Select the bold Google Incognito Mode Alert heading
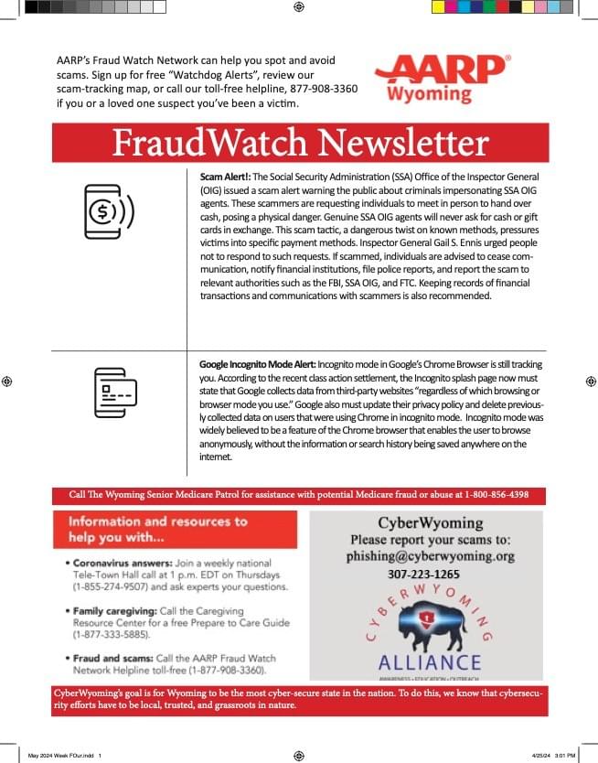tap(260, 364)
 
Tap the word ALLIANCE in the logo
tap(429, 661)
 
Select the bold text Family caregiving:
tap(111, 609)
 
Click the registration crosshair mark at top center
tap(299, 7)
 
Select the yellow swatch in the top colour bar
tap(438, 7)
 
